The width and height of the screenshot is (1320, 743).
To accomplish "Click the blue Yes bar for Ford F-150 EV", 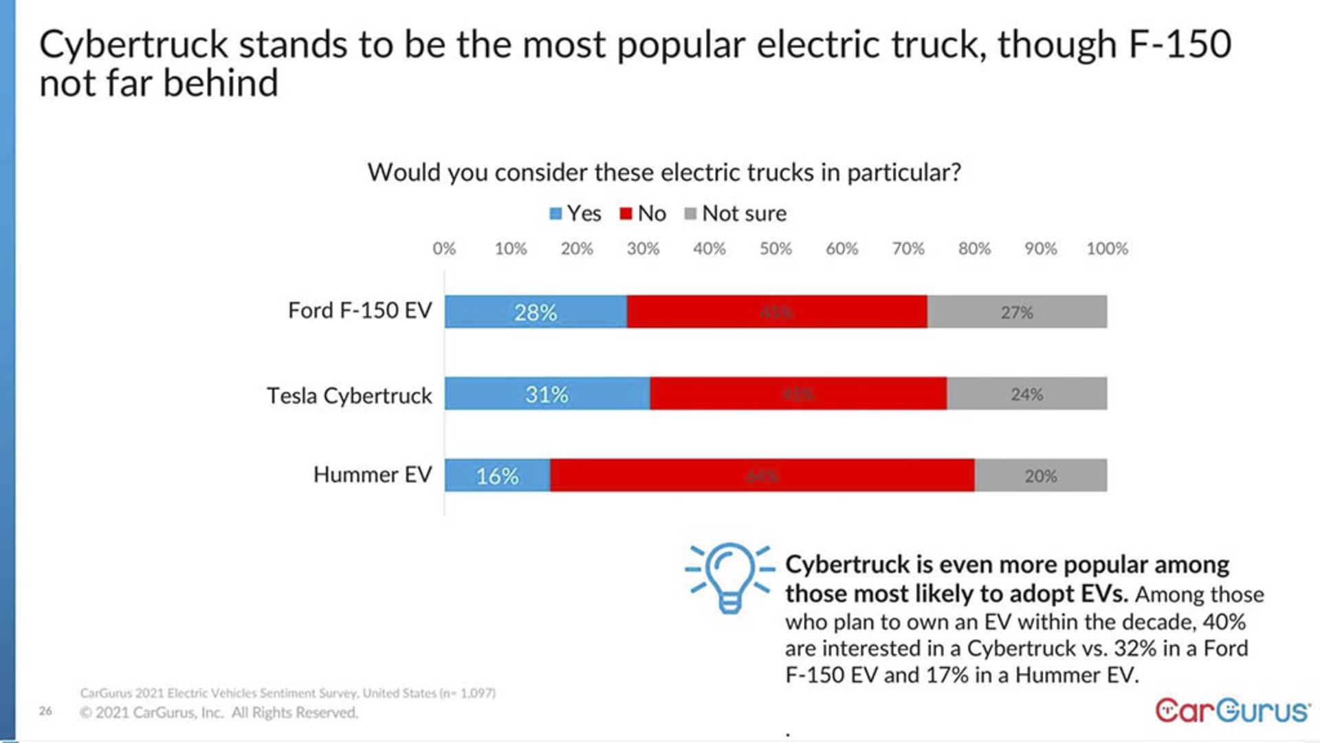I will [x=536, y=312].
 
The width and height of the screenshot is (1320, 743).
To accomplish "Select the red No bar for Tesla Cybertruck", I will [x=797, y=394].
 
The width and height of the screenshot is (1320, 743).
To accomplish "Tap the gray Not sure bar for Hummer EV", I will [x=1040, y=475].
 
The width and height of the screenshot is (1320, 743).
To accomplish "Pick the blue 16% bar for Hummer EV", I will [x=497, y=475].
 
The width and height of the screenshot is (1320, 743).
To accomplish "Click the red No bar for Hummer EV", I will [x=762, y=475].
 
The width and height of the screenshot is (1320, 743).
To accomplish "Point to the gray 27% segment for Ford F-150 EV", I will [x=1017, y=312].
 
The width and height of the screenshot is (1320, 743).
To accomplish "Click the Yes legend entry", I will [x=575, y=213].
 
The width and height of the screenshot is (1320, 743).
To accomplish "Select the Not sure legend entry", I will [x=736, y=213].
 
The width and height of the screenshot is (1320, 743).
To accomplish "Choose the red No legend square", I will [x=626, y=213].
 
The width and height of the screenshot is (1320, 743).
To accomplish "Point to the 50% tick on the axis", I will [x=775, y=248].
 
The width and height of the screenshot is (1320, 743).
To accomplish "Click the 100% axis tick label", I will [x=1107, y=248].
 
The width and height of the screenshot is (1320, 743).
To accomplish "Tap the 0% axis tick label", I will [x=444, y=248].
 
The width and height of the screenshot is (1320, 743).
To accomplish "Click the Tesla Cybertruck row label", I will [x=349, y=396].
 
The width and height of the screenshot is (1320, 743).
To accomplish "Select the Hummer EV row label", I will [x=372, y=475].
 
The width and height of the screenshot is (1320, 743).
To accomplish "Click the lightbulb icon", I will [x=729, y=577].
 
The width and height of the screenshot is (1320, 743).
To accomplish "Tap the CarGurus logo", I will [x=1232, y=710].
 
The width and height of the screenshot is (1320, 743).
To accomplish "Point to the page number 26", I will [x=45, y=711].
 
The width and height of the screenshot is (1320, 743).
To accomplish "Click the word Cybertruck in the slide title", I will [x=133, y=45].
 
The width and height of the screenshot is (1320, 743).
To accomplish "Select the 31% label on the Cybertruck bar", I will [x=547, y=394].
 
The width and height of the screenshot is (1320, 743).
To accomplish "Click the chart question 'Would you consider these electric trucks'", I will [x=663, y=172].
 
